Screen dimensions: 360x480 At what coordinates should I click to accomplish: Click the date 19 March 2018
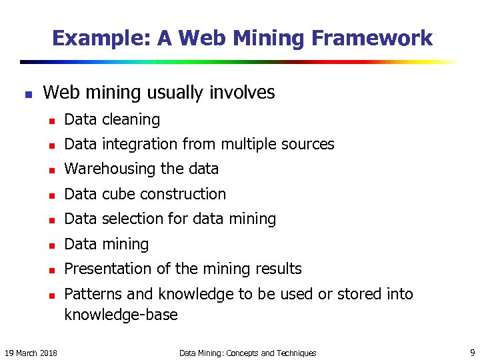pos(31,353)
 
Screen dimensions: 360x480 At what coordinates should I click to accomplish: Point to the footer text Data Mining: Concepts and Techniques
pos(247,353)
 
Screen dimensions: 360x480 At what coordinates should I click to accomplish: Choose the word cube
pos(117,194)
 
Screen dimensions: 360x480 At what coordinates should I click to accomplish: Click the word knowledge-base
pos(121,315)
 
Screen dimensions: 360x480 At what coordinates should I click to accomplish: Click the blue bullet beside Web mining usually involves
pos(27,94)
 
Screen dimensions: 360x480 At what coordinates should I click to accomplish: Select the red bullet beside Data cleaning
pos(50,121)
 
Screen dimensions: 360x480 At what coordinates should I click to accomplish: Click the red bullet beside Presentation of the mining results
pos(50,270)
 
